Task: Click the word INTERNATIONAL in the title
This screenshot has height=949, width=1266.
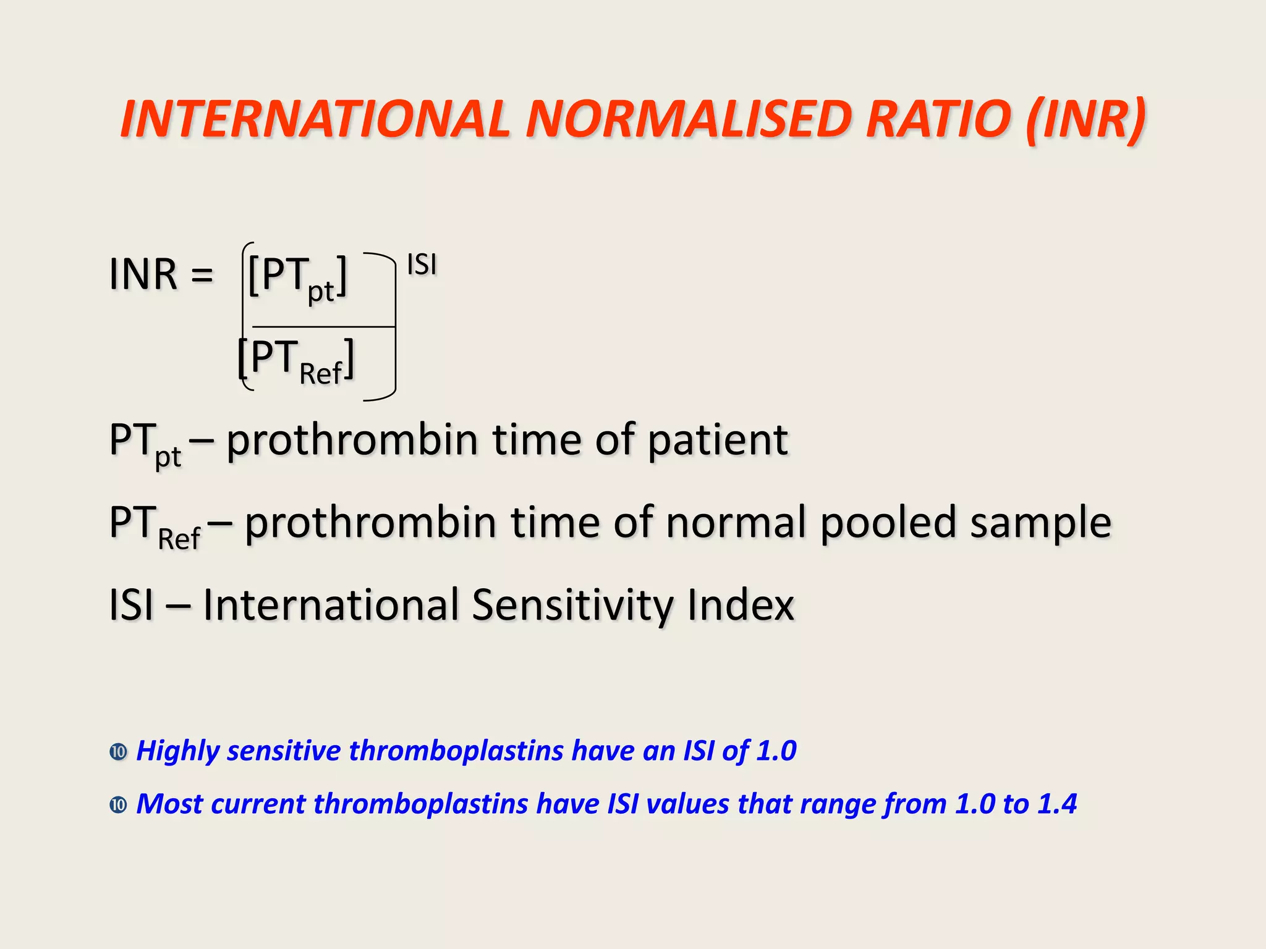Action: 315,119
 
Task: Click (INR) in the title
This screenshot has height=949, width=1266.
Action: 1085,120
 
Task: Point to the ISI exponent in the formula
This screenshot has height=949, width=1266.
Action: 422,265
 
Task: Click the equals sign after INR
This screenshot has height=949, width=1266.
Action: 202,274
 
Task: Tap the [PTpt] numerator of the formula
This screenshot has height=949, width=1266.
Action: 297,277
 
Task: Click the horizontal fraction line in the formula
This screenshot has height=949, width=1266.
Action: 323,326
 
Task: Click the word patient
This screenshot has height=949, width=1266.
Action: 717,440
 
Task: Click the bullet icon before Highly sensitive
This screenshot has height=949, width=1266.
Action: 118,752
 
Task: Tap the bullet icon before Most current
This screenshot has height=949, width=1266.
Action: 118,805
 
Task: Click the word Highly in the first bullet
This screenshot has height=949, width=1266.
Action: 177,751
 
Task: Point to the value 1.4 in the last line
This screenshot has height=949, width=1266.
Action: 1057,804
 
